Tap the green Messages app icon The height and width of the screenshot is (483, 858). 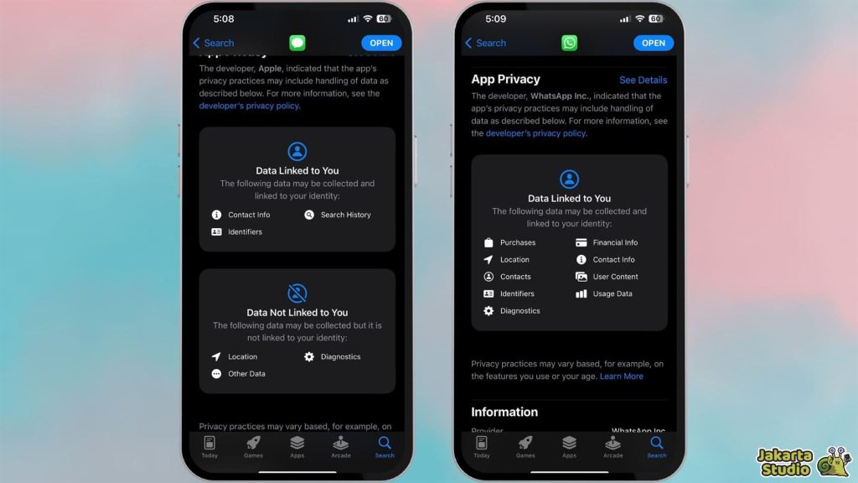coord(297,43)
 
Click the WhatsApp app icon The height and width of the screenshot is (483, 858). coord(569,43)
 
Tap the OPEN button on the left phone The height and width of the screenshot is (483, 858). coord(381,43)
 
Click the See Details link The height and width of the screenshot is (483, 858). coord(643,80)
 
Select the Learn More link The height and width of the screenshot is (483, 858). coord(622,377)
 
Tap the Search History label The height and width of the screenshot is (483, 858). coord(345,215)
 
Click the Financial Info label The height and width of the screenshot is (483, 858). coord(615,242)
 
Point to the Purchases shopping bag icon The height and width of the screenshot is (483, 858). coord(488,242)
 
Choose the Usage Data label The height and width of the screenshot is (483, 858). coord(612,293)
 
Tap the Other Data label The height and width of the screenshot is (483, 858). coord(246,374)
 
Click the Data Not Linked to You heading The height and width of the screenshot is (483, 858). coord(297,313)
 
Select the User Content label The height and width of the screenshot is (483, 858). coord(615,277)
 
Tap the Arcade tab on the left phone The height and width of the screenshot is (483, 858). coord(341,446)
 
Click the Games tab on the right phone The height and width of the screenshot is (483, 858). coord(525,446)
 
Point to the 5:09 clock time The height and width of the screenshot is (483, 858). coord(496,18)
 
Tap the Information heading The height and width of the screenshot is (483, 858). coord(504,412)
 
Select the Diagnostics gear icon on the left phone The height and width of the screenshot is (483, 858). coord(309,356)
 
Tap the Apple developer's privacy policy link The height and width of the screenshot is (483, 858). coord(249,106)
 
